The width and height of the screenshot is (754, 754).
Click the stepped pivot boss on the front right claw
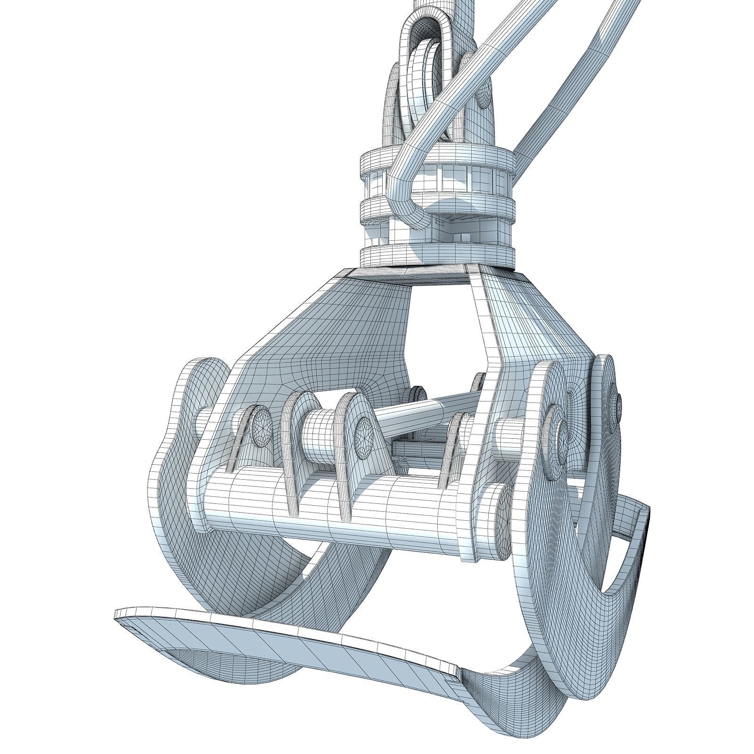click(x=556, y=434)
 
